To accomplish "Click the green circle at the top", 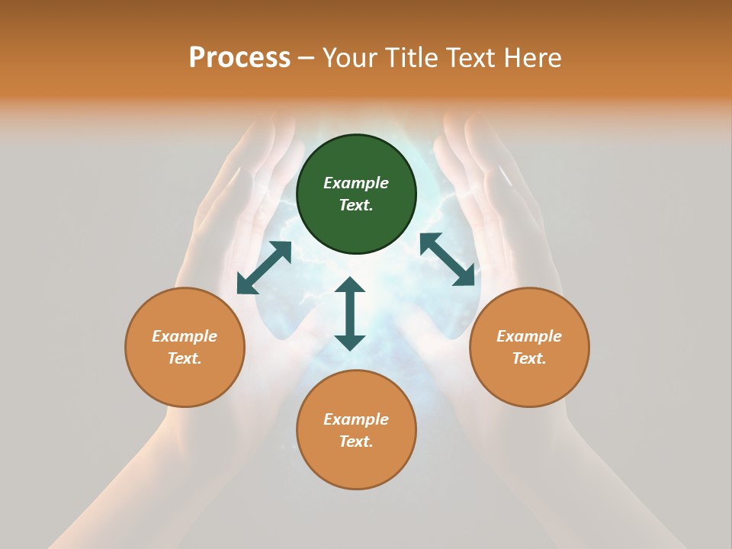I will click(356, 194).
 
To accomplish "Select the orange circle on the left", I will click(185, 348).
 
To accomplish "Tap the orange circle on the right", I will click(529, 348).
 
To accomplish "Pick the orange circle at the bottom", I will click(356, 430).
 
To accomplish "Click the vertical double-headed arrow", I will click(350, 313).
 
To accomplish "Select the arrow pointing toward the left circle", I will click(264, 268).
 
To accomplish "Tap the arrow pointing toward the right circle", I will click(447, 260).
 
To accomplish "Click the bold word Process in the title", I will click(239, 58).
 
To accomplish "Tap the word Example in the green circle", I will click(356, 183).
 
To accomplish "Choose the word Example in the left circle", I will click(185, 336).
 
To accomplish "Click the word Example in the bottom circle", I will click(356, 419).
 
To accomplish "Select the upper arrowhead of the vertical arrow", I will click(350, 284).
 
